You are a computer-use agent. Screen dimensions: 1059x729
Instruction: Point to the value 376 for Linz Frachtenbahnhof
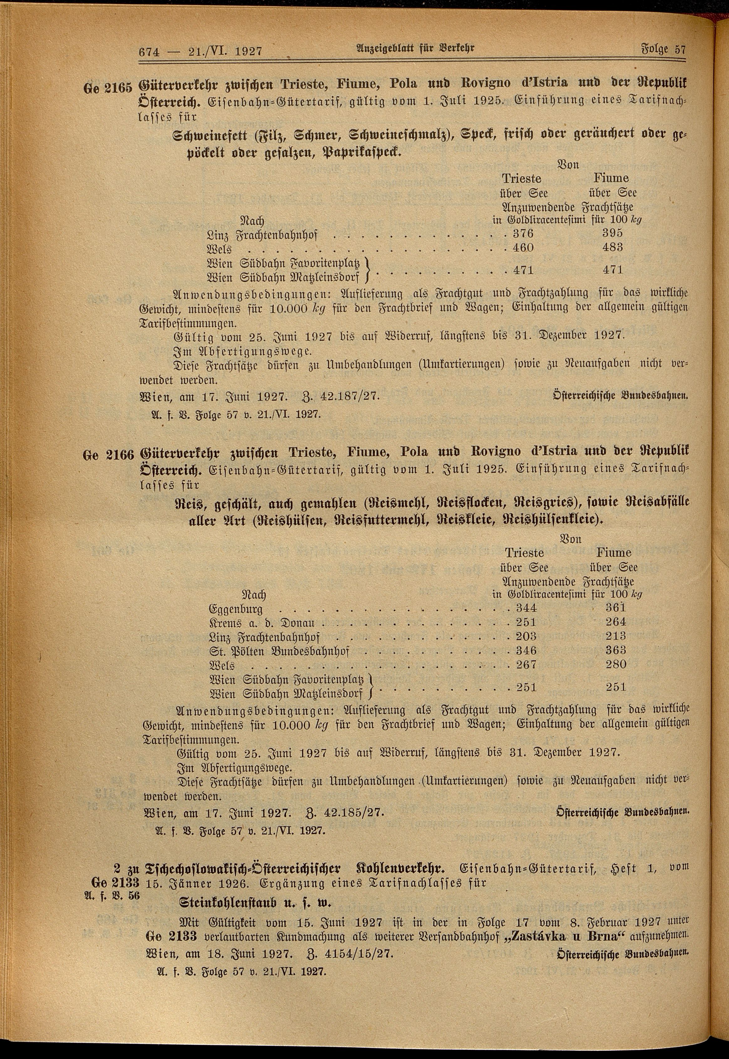pos(523,233)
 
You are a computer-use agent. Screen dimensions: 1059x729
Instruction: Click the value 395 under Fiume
pos(612,233)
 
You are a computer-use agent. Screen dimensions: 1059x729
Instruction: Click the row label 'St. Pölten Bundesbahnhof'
pos(282,651)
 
